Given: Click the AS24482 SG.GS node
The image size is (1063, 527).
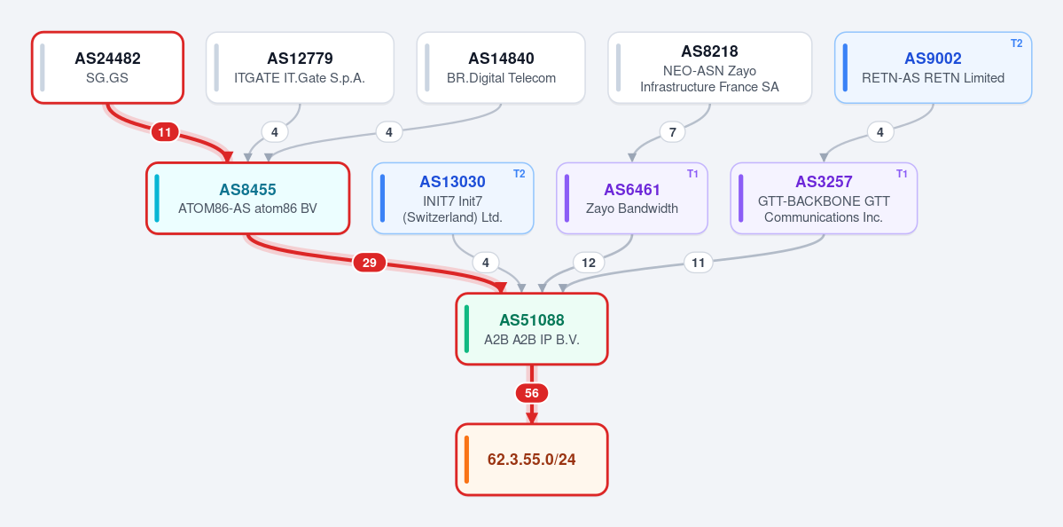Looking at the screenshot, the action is point(108,67).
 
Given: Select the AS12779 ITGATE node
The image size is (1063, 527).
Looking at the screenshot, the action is point(300,67).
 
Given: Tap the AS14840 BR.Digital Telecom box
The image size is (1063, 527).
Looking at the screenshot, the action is point(501,67).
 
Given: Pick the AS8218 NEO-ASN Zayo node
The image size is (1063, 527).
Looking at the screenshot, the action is point(710,67).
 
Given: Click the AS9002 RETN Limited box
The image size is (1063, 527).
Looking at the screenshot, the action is point(933,67).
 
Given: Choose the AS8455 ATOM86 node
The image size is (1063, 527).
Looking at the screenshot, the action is point(247,198).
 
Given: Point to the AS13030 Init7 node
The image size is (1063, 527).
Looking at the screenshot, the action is point(453,198).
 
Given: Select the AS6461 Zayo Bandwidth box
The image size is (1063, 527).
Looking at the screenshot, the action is point(632,198).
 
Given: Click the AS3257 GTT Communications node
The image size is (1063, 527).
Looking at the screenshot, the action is point(824,198).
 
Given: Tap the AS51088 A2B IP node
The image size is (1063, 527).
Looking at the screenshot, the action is point(532,329).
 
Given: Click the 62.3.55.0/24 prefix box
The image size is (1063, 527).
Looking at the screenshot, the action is point(532,460).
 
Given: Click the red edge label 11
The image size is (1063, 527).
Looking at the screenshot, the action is point(165,132).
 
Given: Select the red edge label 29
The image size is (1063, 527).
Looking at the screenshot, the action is point(370,263).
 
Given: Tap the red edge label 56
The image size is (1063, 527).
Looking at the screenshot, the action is point(532,393).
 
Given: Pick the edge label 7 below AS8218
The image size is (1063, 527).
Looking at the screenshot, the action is point(673,132).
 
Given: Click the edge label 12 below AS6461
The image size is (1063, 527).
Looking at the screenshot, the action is point(589,263).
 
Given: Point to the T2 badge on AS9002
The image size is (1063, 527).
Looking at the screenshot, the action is point(1016,43).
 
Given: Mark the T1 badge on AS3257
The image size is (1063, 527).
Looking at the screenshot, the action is point(902,174).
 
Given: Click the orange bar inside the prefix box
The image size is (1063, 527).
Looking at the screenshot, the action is point(466,460).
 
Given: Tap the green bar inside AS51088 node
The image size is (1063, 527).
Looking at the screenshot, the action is point(466,329).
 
